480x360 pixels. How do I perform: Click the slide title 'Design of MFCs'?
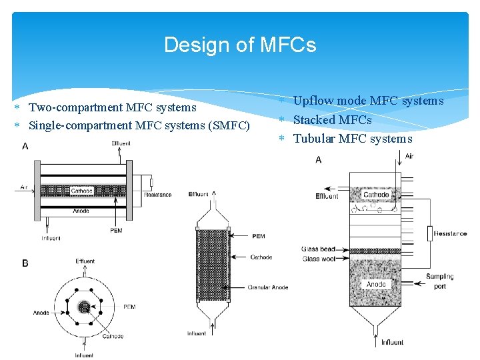click(240, 45)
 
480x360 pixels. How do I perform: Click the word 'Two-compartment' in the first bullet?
click(71, 107)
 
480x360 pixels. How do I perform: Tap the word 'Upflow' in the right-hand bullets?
click(313, 101)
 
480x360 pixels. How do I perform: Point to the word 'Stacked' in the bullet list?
click(314, 120)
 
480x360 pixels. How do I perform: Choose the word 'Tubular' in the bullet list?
click(314, 139)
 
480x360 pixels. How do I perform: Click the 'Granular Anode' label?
click(268, 287)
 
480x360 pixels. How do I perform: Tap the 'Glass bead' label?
click(318, 249)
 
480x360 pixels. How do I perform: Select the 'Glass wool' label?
click(318, 259)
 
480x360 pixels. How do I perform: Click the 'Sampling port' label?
click(440, 281)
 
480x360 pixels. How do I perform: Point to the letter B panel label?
click(25, 263)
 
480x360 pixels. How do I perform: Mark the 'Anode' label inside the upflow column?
click(376, 284)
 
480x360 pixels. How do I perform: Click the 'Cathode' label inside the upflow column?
click(377, 195)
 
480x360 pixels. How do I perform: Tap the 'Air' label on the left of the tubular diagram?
click(24, 187)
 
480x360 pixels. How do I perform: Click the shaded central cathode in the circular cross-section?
click(84, 307)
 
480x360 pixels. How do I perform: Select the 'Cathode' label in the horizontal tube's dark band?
click(82, 191)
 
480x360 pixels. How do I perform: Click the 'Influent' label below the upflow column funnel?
click(392, 343)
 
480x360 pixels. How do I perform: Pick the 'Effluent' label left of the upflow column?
click(327, 196)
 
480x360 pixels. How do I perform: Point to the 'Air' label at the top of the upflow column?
click(409, 155)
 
